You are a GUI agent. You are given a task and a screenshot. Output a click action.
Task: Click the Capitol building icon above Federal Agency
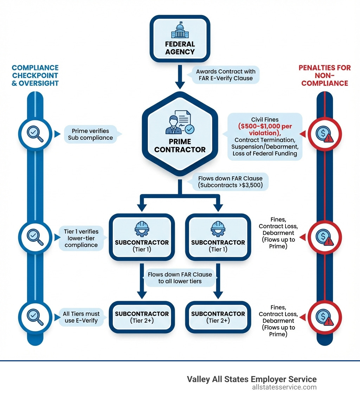click(180, 30)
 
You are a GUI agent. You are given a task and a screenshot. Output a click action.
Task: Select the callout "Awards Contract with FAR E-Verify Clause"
click(225, 75)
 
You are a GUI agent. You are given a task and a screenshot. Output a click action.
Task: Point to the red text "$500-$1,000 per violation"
click(265, 129)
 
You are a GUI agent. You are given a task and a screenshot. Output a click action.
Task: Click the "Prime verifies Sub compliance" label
click(90, 134)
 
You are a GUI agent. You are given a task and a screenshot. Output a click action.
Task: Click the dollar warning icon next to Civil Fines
click(324, 134)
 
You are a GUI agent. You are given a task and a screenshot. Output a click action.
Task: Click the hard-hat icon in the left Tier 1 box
click(142, 228)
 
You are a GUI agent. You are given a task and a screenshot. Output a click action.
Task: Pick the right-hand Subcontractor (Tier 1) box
click(218, 239)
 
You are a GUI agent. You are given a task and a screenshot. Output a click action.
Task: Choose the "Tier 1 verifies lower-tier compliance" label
click(81, 238)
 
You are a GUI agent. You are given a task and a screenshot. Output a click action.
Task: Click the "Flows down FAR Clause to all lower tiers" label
click(180, 278)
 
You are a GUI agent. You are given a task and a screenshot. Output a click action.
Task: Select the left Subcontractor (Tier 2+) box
click(142, 317)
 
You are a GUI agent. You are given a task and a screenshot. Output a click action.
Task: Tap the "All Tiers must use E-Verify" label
click(81, 317)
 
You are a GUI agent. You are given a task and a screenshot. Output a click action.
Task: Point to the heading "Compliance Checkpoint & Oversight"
click(35, 75)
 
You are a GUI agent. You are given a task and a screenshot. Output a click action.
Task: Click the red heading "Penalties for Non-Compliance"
click(324, 75)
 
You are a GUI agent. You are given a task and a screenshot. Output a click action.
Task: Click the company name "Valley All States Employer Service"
click(251, 379)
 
